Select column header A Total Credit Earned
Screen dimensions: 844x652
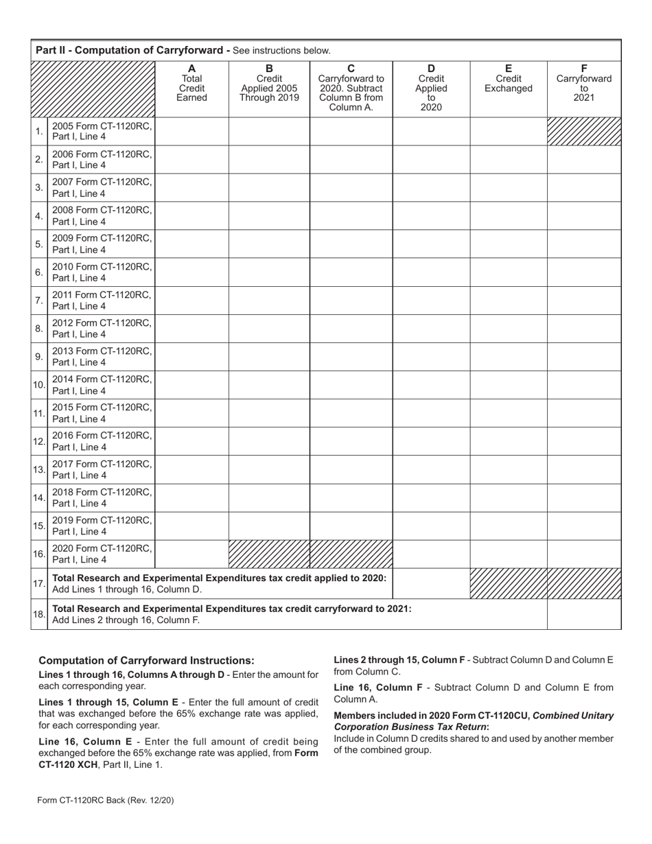point(191,83)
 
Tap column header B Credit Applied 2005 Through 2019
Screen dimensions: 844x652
point(268,83)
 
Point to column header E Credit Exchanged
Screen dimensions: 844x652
point(508,78)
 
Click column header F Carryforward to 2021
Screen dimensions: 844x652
point(583,83)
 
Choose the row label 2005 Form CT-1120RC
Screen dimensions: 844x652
point(102,131)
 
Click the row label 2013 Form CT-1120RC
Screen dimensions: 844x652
point(102,356)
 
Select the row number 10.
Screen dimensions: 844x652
point(39,385)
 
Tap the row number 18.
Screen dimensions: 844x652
point(39,615)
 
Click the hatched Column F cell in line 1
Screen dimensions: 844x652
point(583,131)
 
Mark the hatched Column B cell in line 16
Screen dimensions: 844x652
point(268,554)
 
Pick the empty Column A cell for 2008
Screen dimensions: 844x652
point(191,215)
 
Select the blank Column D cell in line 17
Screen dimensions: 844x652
point(431,583)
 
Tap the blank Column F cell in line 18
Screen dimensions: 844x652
point(583,615)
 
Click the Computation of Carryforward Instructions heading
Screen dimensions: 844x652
point(146,660)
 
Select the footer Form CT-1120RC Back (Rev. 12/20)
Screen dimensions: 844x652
point(110,799)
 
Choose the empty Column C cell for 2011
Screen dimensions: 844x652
point(351,300)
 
